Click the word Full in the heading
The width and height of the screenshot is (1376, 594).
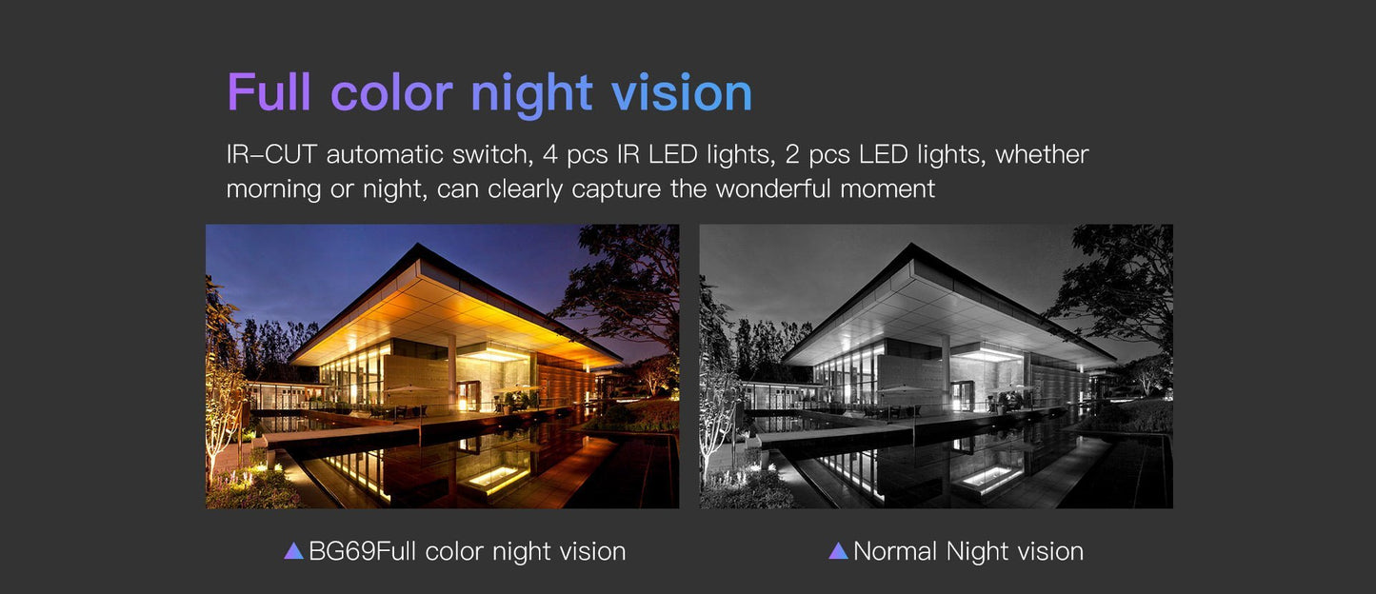(269, 92)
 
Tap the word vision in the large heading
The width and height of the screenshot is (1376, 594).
(682, 92)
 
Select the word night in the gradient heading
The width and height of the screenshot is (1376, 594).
(532, 95)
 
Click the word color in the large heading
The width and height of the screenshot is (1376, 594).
(391, 92)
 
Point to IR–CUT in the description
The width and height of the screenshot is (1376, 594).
(271, 154)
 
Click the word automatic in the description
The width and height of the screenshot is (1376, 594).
(384, 154)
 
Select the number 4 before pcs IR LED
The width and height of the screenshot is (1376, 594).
(549, 154)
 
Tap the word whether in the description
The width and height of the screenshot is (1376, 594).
(1042, 154)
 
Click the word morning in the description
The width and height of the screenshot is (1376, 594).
(273, 189)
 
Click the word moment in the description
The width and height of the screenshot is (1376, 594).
(887, 188)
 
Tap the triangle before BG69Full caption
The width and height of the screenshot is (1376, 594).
(293, 550)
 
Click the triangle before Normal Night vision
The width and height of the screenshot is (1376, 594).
(838, 550)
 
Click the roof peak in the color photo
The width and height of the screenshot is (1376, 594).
(418, 245)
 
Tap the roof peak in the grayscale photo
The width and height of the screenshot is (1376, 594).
(912, 245)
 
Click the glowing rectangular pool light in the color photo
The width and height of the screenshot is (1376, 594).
(495, 479)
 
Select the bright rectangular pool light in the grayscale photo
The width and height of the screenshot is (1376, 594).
(989, 479)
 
